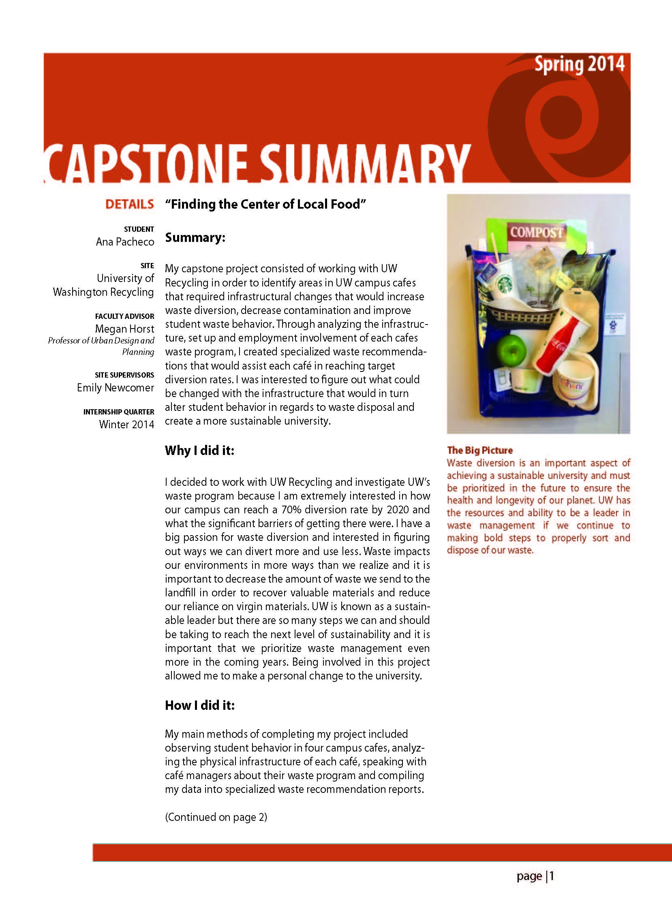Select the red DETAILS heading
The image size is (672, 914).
(129, 204)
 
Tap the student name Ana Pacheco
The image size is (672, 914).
(125, 242)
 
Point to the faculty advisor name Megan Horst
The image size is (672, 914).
(124, 329)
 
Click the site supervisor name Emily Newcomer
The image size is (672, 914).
(116, 387)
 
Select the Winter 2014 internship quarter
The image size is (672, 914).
(126, 425)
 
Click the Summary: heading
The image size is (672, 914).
(195, 237)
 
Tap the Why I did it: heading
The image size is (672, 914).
(199, 451)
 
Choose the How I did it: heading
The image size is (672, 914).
(200, 705)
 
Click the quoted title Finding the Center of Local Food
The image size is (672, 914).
(265, 204)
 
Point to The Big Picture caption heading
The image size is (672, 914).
(479, 450)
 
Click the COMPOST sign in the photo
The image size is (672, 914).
(537, 233)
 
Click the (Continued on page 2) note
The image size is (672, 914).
(216, 817)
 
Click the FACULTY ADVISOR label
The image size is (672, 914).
(124, 316)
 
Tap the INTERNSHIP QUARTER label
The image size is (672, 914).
(119, 412)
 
